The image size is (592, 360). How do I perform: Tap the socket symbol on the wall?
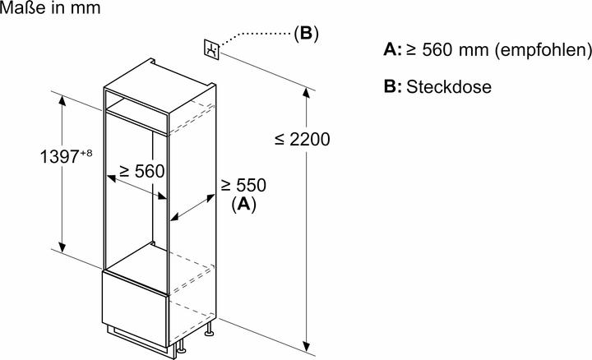(213, 50)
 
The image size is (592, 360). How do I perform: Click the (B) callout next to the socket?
(305, 34)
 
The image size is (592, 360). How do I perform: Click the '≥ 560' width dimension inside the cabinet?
(141, 171)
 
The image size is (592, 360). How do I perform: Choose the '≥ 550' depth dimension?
(243, 187)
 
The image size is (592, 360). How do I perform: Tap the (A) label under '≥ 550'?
(243, 205)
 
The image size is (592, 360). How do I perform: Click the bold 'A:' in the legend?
(392, 50)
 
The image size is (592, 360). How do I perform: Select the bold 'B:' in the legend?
(392, 87)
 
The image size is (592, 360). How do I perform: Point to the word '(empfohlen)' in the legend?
(542, 50)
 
